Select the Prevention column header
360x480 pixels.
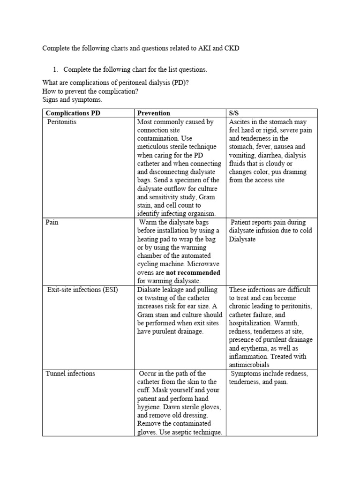point(153,113)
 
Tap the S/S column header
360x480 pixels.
point(234,113)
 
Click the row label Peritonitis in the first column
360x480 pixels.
point(62,122)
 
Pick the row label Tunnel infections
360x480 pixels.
point(70,374)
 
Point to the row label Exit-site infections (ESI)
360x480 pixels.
point(82,290)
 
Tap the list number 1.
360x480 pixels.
point(54,69)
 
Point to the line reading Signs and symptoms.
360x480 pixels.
point(72,100)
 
